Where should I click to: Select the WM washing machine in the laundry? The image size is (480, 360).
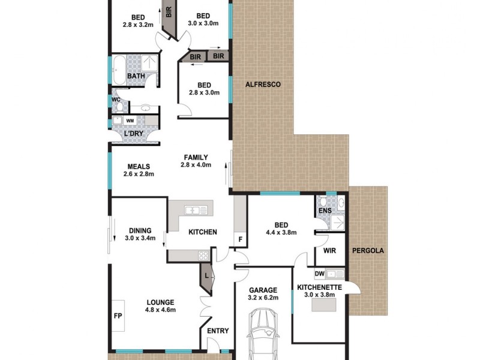(130, 121)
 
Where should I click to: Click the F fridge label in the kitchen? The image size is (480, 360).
(240, 239)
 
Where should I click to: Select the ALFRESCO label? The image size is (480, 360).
(263, 85)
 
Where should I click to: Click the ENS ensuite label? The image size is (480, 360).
(325, 211)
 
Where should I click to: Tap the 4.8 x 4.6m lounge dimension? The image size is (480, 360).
(159, 310)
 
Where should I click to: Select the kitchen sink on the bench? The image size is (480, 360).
(193, 209)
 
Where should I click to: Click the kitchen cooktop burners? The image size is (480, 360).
(203, 255)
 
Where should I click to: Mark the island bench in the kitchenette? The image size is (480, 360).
(324, 305)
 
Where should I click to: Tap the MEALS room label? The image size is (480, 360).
(138, 167)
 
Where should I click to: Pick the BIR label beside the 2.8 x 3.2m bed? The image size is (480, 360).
(169, 12)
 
